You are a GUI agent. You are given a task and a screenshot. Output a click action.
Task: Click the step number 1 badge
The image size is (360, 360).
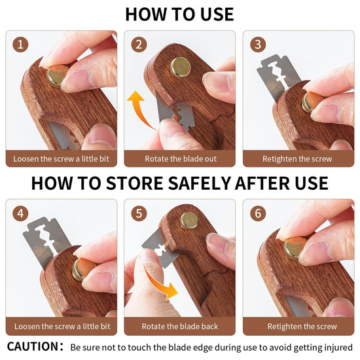click(20, 45)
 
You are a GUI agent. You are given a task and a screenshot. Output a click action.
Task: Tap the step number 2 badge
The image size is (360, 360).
click(139, 45)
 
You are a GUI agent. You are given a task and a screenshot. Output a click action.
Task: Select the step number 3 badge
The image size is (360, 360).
click(258, 45)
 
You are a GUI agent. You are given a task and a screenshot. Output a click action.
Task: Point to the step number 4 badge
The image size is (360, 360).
click(20, 213)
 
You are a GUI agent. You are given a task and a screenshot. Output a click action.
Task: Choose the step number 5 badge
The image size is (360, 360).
click(139, 213)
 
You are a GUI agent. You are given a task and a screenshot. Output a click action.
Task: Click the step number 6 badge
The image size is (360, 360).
click(258, 213)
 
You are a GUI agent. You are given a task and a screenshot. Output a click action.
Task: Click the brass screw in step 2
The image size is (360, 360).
click(181, 67)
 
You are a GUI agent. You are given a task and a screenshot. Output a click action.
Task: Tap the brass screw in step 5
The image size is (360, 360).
click(189, 221)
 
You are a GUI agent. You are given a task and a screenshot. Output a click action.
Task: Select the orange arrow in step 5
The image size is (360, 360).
click(160, 283)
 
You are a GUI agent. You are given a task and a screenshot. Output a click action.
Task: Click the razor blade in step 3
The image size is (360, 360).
click(277, 76)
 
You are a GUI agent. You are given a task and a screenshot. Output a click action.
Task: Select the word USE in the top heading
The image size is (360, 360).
click(217, 14)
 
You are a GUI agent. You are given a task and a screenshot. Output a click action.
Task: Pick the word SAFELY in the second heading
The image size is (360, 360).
click(199, 183)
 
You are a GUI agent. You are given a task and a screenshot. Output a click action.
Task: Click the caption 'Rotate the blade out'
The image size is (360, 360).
click(181, 158)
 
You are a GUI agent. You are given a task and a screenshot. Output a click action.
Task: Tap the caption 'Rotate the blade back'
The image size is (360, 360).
click(180, 326)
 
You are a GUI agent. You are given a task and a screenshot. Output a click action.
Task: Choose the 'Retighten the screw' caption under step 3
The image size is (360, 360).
click(297, 158)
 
